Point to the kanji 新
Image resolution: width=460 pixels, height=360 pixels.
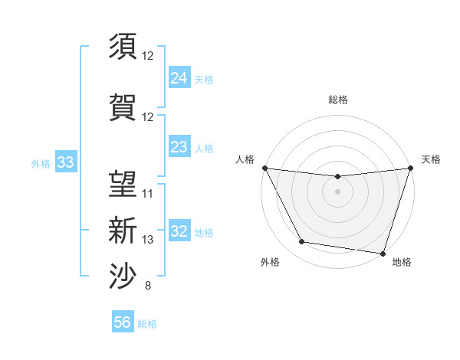click(123, 230)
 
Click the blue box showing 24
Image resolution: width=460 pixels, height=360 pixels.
click(179, 77)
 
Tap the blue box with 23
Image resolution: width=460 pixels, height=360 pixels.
click(179, 147)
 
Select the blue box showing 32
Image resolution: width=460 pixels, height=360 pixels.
click(179, 231)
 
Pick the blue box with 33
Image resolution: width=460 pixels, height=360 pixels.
click(65, 162)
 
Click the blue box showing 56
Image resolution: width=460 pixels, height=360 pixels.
click(123, 322)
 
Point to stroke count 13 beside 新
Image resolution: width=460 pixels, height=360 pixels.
click(148, 240)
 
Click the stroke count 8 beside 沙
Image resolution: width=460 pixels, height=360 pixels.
click(147, 286)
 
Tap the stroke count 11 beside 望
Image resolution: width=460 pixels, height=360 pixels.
click(148, 193)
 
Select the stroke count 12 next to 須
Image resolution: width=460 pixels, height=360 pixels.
click(148, 55)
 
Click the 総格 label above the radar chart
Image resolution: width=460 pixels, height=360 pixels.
click(337, 100)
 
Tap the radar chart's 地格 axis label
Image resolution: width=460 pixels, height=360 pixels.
click(402, 263)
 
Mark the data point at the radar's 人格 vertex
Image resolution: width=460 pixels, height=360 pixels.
click(264, 168)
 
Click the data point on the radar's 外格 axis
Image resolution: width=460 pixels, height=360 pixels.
click(302, 242)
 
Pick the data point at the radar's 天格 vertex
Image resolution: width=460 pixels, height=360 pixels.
click(410, 169)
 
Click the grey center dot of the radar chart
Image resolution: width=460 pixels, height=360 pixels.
click(337, 191)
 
